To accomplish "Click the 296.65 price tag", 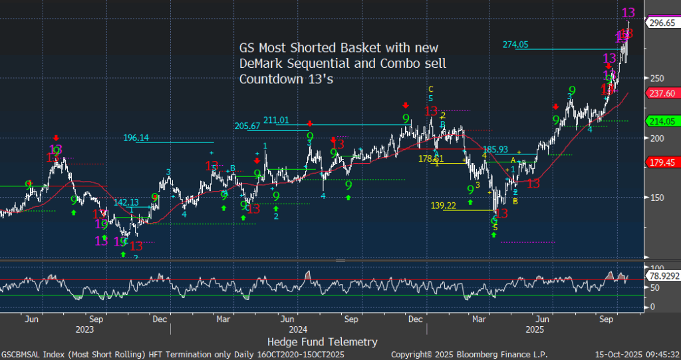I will click(662, 22).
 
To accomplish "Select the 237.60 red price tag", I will click(662, 93).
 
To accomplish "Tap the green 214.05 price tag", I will click(662, 120).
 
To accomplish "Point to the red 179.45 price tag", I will click(662, 162).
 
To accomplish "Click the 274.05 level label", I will click(515, 45).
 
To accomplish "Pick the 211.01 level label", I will click(276, 120).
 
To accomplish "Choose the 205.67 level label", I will click(247, 126).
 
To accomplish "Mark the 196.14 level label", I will click(136, 138).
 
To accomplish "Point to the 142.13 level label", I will click(126, 202).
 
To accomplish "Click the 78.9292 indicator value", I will click(664, 275).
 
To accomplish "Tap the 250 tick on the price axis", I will click(656, 78).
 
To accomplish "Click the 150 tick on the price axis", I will click(656, 198).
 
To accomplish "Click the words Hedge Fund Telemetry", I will click(322, 341).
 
